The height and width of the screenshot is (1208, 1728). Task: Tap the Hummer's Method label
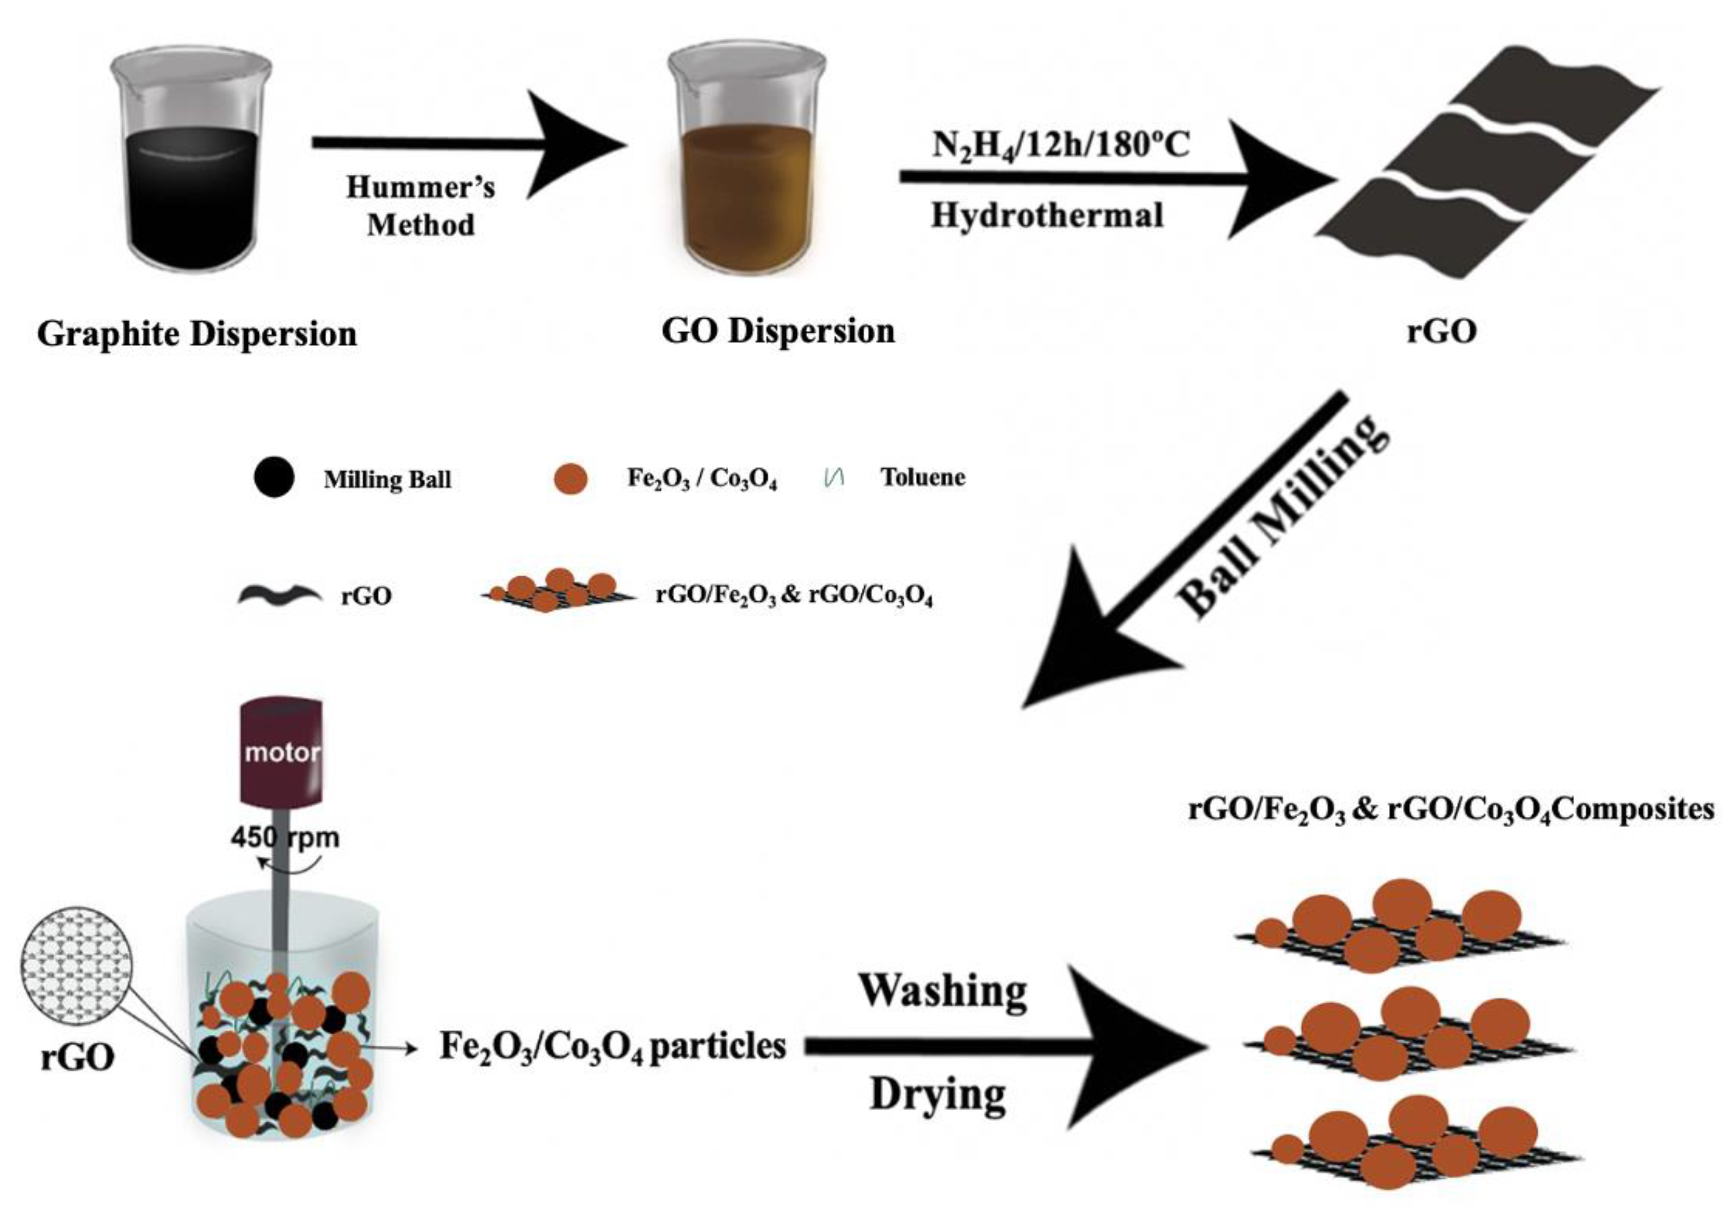[x=420, y=205]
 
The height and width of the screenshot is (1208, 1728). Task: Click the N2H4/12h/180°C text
[x=1060, y=144]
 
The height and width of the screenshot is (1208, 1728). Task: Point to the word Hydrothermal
[x=1047, y=216]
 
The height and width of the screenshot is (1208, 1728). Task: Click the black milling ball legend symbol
[x=274, y=477]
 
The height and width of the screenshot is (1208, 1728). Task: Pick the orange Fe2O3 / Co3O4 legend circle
[x=570, y=479]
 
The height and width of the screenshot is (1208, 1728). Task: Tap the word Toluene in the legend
[x=923, y=477]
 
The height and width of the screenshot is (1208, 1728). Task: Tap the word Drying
[x=937, y=1095]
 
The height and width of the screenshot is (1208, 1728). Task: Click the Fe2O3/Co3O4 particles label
[x=612, y=1047]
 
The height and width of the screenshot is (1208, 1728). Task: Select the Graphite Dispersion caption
[x=197, y=333]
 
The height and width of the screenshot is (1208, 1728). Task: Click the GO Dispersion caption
[x=778, y=331]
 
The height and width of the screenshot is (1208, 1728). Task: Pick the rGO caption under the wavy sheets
[x=1441, y=331]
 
